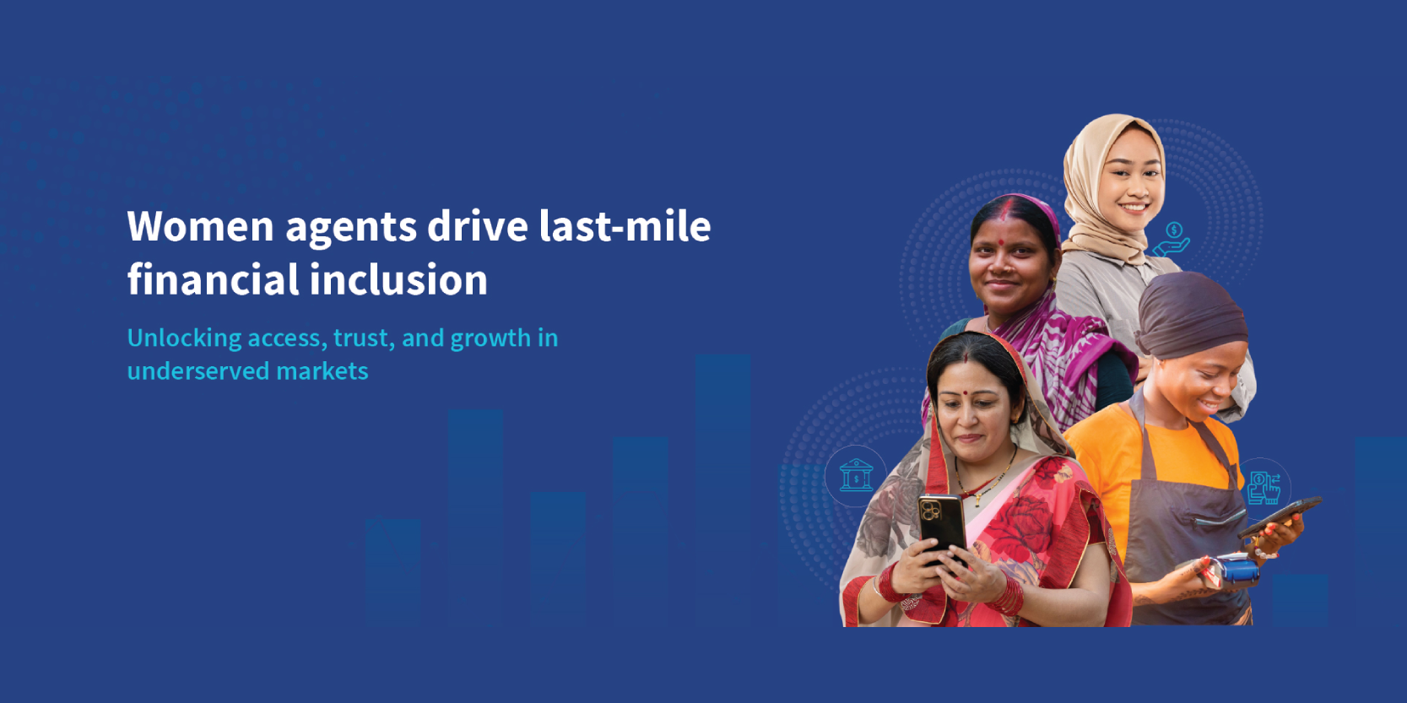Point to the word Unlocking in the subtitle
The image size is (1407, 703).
point(184,338)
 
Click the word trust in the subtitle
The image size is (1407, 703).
point(362,338)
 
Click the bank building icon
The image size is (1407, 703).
point(856,476)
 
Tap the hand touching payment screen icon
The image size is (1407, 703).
point(1264,488)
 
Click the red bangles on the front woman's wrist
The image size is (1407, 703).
point(1008,594)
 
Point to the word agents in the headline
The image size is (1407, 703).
point(351,226)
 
